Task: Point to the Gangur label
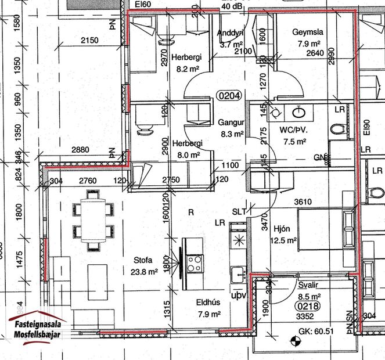[x=229, y=123]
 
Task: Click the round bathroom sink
[x=301, y=112]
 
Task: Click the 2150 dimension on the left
[x=89, y=40]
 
